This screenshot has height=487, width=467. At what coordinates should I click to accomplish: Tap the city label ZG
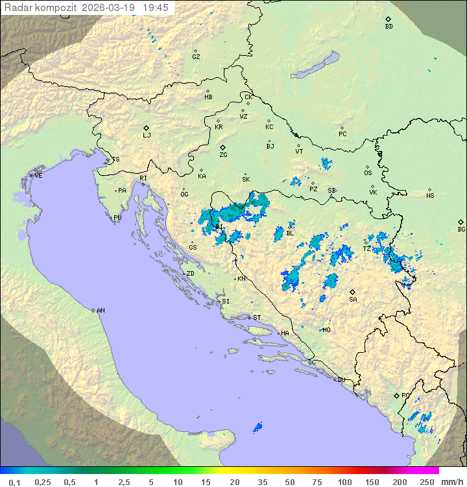click(x=223, y=155)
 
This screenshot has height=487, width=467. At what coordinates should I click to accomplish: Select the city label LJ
click(x=147, y=135)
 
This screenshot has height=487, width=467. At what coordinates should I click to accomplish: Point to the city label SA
click(x=353, y=299)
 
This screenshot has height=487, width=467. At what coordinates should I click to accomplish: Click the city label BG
click(x=461, y=229)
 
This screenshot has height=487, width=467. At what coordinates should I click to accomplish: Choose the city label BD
click(x=389, y=27)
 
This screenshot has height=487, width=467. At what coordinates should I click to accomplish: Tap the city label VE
click(x=38, y=176)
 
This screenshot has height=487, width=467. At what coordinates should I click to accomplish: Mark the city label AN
click(x=101, y=311)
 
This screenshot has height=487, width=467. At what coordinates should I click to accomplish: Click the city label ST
click(x=257, y=317)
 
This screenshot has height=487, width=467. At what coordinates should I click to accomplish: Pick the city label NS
click(x=430, y=196)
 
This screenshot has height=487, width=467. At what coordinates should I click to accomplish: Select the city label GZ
click(x=196, y=56)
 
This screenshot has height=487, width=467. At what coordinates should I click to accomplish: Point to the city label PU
click(x=117, y=218)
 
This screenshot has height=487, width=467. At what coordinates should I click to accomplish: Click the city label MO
click(x=326, y=329)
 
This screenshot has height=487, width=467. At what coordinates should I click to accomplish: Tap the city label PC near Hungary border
click(x=342, y=134)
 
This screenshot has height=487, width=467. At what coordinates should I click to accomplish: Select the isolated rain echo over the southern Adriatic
click(x=257, y=427)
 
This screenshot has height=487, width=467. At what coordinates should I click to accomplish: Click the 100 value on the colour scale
click(x=344, y=482)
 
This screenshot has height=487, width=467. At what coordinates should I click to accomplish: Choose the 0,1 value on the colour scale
click(x=15, y=482)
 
